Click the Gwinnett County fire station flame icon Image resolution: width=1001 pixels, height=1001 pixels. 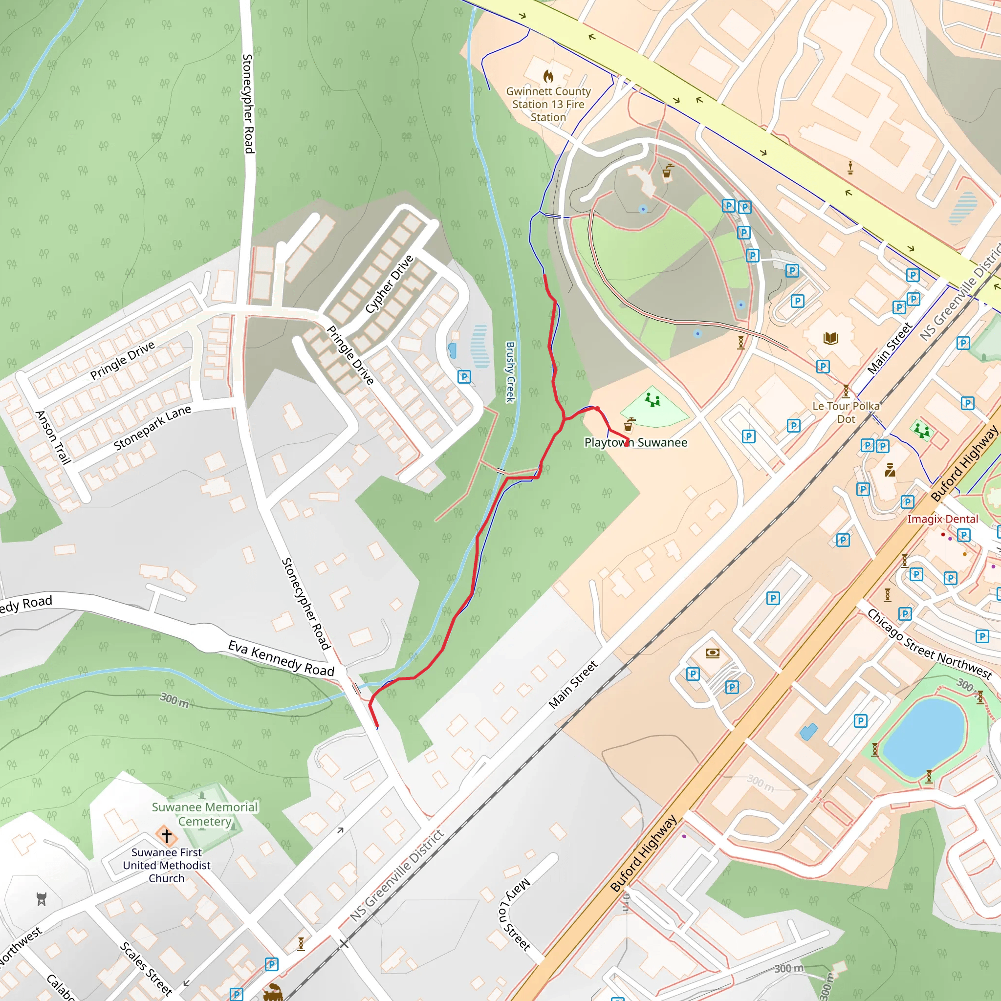pyautogui.click(x=548, y=77)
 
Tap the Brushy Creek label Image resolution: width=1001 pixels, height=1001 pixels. pyautogui.click(x=510, y=371)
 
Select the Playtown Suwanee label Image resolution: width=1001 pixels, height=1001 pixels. pyautogui.click(x=636, y=442)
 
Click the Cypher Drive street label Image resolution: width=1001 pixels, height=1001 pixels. pyautogui.click(x=389, y=284)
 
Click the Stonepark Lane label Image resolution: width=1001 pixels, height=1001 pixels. pyautogui.click(x=152, y=428)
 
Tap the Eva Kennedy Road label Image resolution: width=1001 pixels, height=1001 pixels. pyautogui.click(x=281, y=658)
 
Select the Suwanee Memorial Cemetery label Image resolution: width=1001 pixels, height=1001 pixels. pyautogui.click(x=205, y=814)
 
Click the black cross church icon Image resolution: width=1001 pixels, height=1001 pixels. pyautogui.click(x=166, y=836)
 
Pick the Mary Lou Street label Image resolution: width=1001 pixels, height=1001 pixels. pyautogui.click(x=515, y=914)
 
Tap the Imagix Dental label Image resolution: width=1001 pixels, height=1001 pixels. pyautogui.click(x=942, y=519)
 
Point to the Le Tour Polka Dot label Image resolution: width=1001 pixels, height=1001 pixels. pyautogui.click(x=846, y=413)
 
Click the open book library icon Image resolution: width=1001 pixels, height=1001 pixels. pyautogui.click(x=830, y=338)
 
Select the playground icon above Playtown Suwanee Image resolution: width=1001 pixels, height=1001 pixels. pyautogui.click(x=653, y=400)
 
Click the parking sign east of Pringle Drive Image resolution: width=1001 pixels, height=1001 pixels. pyautogui.click(x=464, y=377)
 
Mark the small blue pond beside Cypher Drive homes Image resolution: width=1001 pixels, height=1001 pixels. pyautogui.click(x=452, y=351)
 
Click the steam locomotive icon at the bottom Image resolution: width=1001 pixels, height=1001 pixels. pyautogui.click(x=273, y=992)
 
